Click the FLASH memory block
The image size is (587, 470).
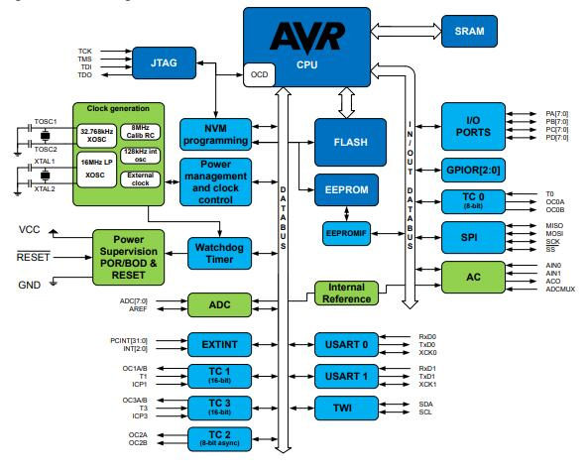click(x=350, y=142)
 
